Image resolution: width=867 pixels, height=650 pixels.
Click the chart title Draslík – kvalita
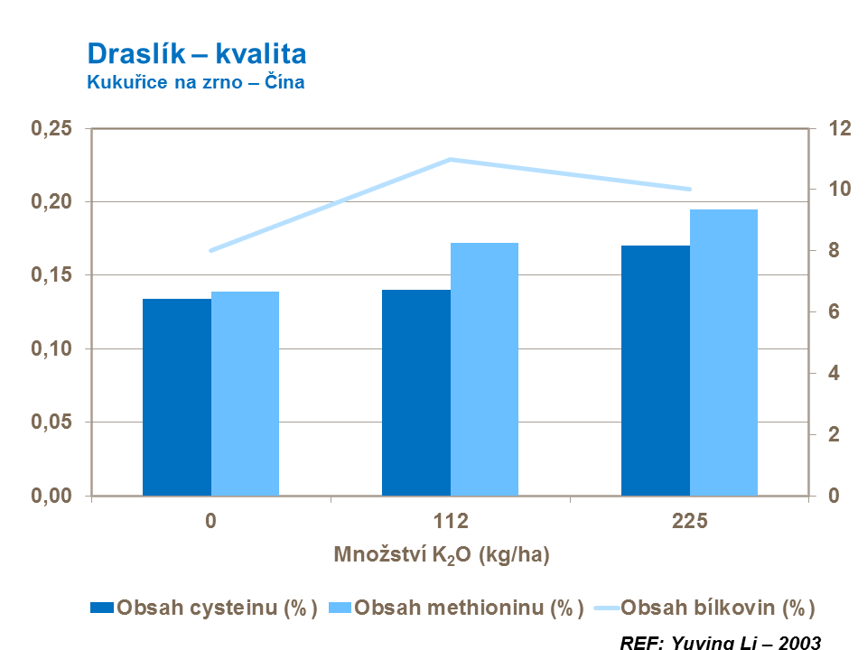point(196,54)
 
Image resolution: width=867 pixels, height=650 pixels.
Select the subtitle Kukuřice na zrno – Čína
point(195,82)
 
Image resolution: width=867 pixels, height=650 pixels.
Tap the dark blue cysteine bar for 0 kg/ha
point(177,397)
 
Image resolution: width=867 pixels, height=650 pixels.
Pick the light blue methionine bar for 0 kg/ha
point(245,394)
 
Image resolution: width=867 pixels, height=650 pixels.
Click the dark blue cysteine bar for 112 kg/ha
point(416,393)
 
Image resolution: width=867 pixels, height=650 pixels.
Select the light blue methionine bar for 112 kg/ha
point(484,369)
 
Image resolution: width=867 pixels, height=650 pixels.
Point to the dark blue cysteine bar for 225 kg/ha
point(656,370)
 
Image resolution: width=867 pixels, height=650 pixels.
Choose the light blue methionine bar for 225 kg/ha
point(723,352)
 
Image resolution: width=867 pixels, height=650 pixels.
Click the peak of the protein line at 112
point(450,159)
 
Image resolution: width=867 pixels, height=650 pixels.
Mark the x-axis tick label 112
point(451,522)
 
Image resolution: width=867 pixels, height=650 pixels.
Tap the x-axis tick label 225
point(690,522)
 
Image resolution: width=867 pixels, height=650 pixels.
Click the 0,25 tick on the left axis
point(51,128)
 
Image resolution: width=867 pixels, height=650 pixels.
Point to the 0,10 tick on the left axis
point(51,348)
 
